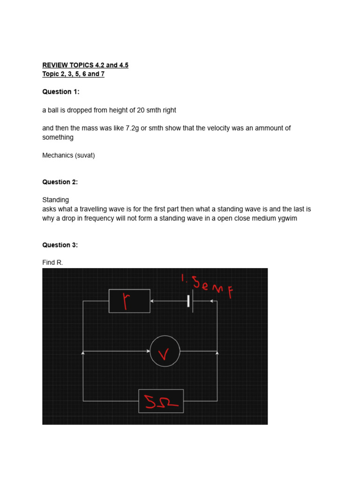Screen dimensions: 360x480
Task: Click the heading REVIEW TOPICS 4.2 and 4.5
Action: (85, 65)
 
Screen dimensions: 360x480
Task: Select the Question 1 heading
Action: (61, 92)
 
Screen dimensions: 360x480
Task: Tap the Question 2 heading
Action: (60, 182)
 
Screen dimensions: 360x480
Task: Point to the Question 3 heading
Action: (60, 245)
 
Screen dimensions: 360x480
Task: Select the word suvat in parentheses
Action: (85, 155)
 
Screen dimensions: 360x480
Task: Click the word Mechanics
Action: (57, 155)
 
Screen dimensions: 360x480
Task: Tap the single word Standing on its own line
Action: (55, 200)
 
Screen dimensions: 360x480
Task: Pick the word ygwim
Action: (287, 218)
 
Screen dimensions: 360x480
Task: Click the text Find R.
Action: (52, 262)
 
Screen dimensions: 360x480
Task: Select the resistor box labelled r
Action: (129, 301)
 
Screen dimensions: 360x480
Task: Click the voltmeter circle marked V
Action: (165, 351)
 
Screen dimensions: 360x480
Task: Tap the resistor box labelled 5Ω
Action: (161, 401)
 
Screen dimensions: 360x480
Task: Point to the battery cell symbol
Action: (190, 301)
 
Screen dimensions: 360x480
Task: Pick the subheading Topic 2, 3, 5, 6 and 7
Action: (73, 74)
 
